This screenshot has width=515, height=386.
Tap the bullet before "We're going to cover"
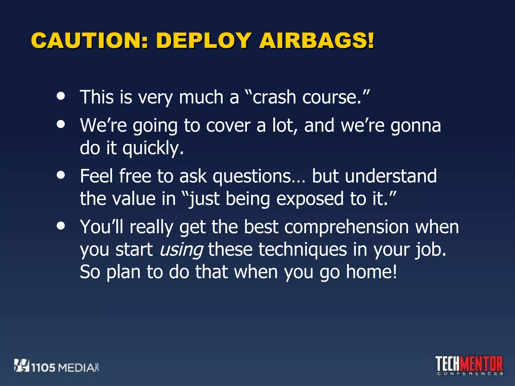coord(61,124)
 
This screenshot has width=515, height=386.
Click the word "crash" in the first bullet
coord(274,97)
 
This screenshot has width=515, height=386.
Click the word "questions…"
coord(259,176)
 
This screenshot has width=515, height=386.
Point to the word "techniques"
coord(303,250)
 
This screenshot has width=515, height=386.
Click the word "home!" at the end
coord(371,272)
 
